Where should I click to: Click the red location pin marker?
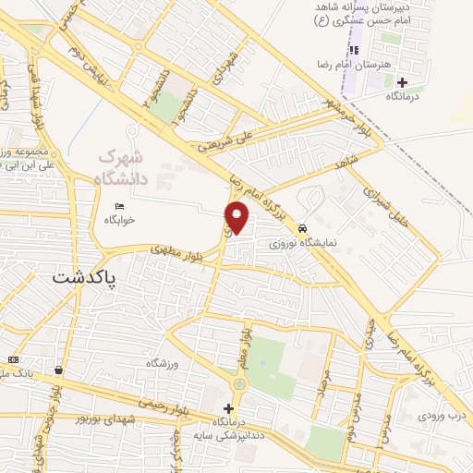[238, 218]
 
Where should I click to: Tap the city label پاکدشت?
[86, 277]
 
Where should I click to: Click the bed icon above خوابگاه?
[119, 206]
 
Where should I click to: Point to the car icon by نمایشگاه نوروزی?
[302, 229]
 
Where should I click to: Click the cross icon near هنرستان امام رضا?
[401, 82]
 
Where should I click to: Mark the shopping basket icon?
[59, 370]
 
